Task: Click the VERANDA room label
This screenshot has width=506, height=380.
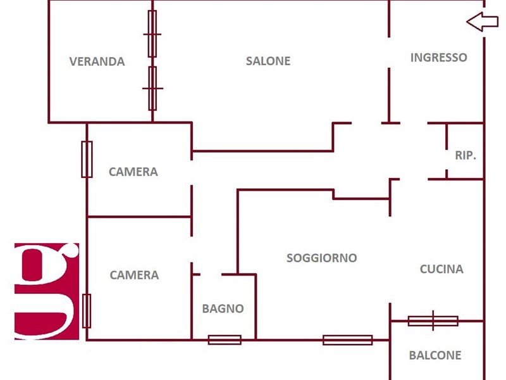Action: click(97, 61)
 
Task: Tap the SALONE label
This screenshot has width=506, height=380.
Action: click(268, 61)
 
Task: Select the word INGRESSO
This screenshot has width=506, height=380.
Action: click(438, 57)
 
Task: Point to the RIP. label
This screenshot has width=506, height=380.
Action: click(466, 155)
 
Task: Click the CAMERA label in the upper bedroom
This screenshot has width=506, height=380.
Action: click(133, 172)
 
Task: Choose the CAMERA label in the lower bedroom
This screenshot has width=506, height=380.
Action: click(134, 275)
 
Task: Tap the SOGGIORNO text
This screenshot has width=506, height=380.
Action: click(321, 258)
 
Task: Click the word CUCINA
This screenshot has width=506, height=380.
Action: click(441, 269)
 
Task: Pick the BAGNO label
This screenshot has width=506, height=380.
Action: click(223, 308)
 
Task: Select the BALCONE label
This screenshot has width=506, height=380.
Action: click(435, 355)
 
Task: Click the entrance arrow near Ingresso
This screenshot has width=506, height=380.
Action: click(482, 22)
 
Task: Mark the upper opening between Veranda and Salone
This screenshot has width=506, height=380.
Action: click(152, 34)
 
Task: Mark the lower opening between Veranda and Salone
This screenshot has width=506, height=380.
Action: click(152, 88)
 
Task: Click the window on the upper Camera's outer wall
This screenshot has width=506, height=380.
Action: click(87, 159)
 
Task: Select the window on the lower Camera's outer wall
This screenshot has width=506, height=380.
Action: click(87, 310)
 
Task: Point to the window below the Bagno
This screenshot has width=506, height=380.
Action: click(225, 339)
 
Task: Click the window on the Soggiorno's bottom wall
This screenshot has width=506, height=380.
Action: click(347, 340)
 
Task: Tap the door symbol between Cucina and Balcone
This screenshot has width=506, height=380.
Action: click(433, 321)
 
